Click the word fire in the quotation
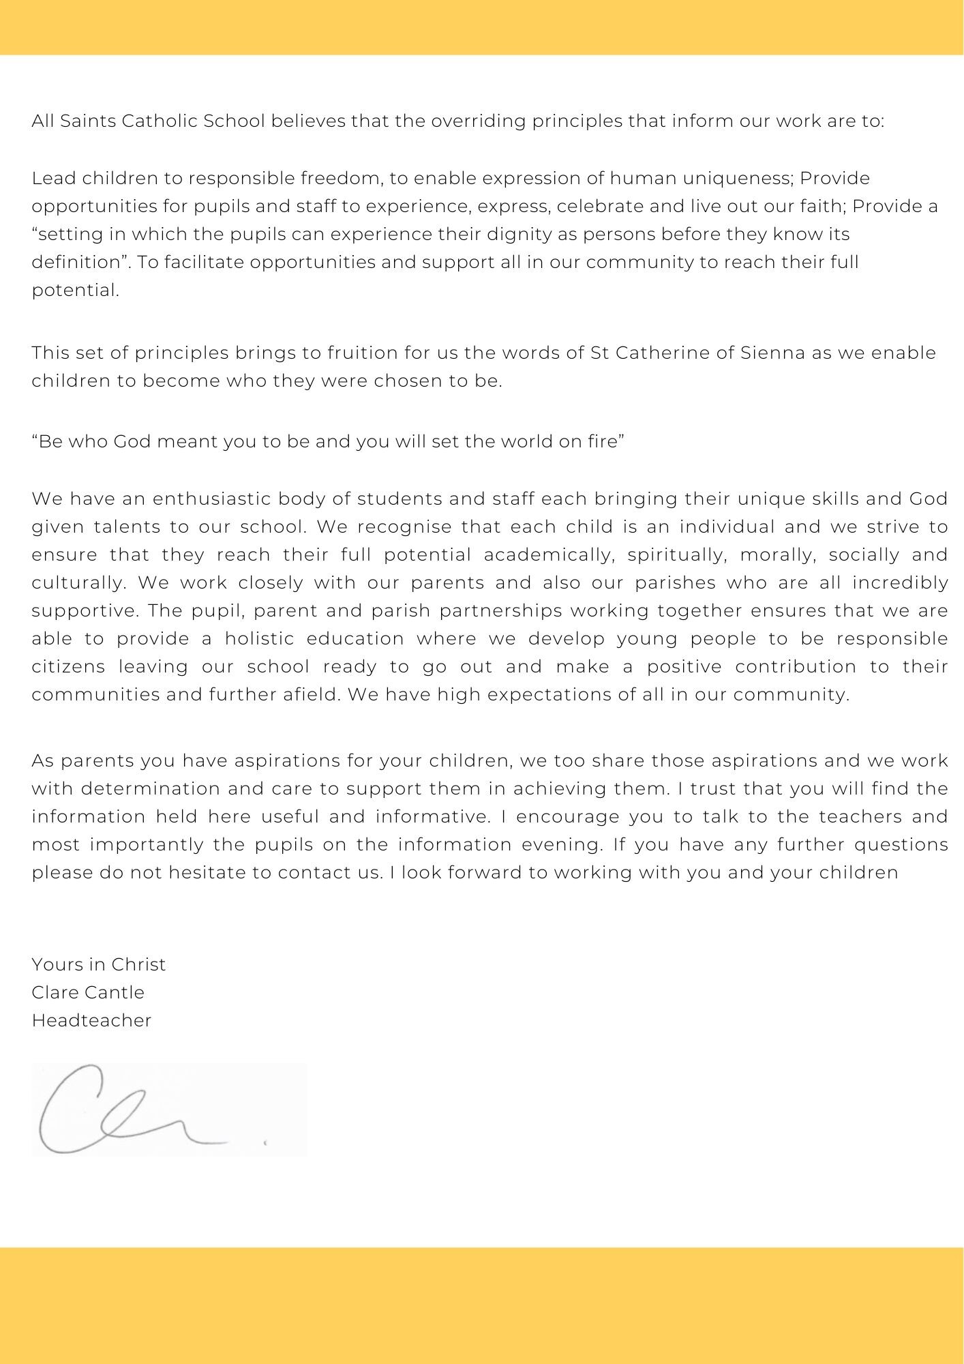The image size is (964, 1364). (x=603, y=442)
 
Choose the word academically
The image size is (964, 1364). (x=549, y=555)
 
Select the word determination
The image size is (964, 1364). (x=149, y=789)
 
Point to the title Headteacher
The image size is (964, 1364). (x=91, y=1020)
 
